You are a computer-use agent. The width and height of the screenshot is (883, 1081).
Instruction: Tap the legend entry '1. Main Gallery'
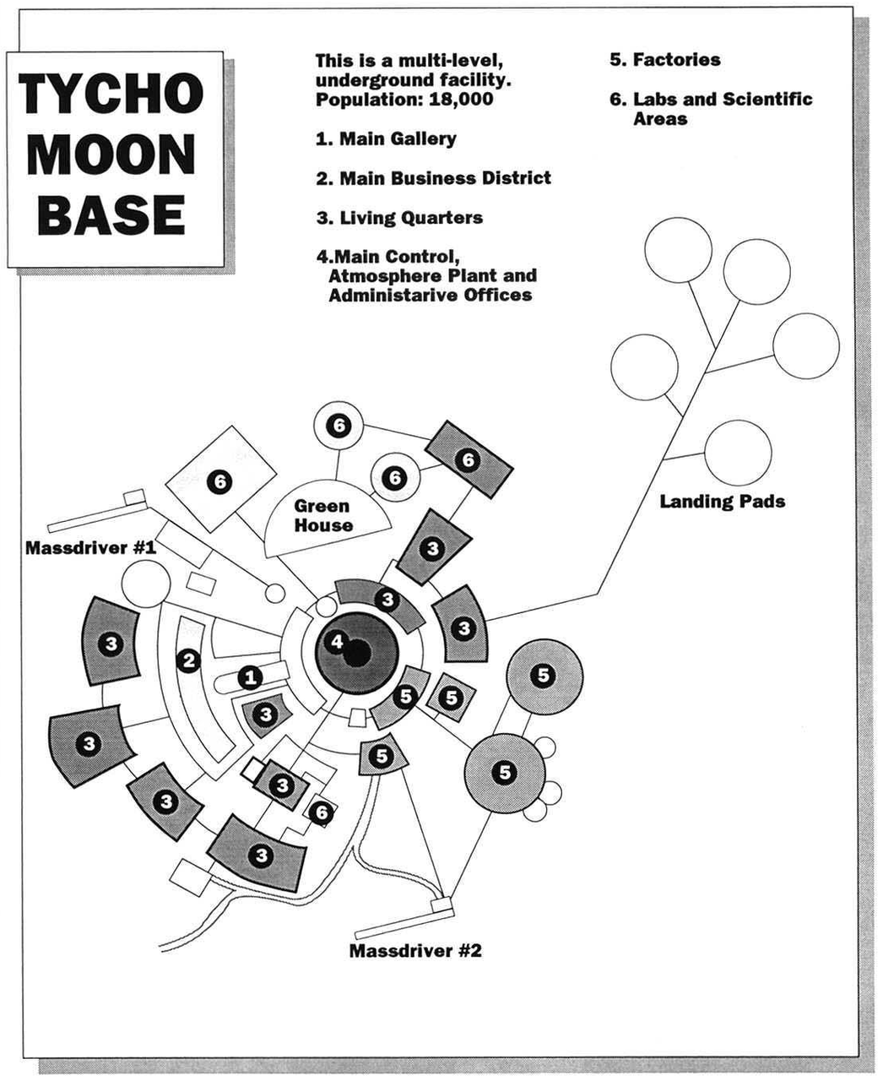click(386, 139)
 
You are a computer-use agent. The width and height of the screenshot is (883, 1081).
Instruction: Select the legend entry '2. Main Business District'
click(433, 178)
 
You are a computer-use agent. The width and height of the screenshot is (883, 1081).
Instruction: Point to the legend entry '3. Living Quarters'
click(399, 218)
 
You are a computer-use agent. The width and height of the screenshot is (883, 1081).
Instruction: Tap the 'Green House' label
click(322, 515)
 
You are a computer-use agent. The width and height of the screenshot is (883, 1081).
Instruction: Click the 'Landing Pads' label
click(722, 502)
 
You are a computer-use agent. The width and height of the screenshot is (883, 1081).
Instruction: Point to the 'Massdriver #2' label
click(415, 950)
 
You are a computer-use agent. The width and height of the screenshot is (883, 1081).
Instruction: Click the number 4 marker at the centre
click(336, 643)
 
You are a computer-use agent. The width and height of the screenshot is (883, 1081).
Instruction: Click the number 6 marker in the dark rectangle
click(468, 459)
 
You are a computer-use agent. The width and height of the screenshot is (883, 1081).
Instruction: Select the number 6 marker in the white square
click(220, 482)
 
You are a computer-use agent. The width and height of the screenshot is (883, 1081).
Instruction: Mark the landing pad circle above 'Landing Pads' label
click(737, 454)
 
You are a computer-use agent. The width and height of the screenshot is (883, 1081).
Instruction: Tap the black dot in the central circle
click(356, 651)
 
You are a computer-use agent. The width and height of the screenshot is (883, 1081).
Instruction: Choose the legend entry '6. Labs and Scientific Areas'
click(711, 108)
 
